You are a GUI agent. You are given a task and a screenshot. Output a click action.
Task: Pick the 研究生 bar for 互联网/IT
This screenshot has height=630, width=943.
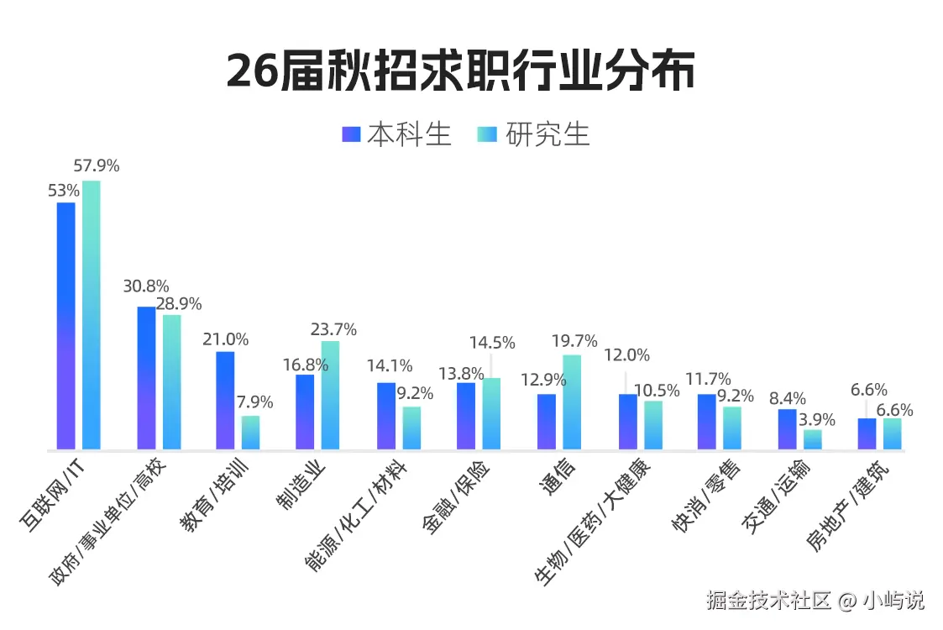click(91, 315)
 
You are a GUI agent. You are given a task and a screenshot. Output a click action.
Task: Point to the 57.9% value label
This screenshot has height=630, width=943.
click(97, 166)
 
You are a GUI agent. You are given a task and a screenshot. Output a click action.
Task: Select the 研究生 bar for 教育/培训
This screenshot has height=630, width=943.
click(250, 433)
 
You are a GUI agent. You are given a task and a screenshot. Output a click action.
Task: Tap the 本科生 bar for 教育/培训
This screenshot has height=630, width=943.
click(225, 400)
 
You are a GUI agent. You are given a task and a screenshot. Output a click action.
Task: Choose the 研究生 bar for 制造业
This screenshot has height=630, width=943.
click(330, 395)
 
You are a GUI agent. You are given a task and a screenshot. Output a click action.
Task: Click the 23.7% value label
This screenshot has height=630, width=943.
click(333, 329)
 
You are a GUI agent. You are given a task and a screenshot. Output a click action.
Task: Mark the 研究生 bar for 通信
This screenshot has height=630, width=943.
click(572, 402)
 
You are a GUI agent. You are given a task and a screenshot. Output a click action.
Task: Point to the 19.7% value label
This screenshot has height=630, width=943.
click(574, 341)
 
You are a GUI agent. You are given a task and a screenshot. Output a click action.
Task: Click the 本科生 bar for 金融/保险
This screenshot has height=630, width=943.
click(466, 416)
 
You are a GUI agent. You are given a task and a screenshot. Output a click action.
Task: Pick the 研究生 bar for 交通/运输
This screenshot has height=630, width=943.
click(812, 439)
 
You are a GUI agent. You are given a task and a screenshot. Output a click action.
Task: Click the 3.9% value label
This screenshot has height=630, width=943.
click(816, 419)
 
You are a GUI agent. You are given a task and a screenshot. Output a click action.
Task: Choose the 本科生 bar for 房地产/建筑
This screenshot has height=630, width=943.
click(867, 433)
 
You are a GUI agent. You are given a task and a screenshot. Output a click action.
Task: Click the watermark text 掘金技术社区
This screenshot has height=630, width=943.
click(768, 601)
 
